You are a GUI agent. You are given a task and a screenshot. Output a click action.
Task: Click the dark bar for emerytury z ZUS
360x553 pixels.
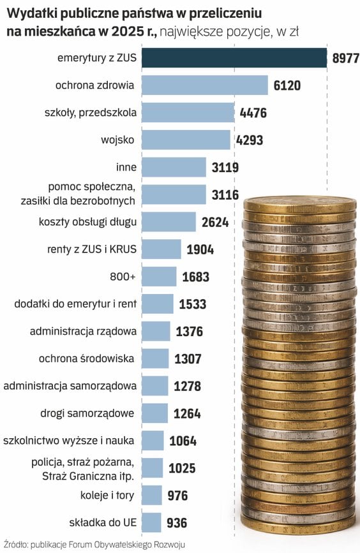[x=234, y=58]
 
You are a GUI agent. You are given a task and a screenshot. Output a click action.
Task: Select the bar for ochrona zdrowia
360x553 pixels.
[x=205, y=85]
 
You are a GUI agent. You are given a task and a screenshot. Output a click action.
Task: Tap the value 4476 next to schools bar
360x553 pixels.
[x=253, y=113]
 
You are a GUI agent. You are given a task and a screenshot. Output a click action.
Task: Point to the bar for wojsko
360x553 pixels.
[x=186, y=140]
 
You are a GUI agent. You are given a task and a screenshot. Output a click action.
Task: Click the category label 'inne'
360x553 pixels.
[x=126, y=167]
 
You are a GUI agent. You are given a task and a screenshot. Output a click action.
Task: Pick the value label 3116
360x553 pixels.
[x=225, y=195]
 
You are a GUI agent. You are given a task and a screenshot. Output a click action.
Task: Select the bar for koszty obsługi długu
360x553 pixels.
[x=169, y=222]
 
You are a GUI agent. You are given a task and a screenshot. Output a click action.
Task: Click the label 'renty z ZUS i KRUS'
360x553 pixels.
[x=92, y=249]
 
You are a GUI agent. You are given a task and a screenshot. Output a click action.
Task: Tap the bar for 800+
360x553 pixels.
[x=159, y=277]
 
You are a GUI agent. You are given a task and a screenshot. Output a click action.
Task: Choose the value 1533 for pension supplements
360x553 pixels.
[x=193, y=304]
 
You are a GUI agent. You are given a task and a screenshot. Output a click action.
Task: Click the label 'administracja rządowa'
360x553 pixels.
[x=83, y=332]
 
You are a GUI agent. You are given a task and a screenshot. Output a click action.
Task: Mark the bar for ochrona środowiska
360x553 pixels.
[x=155, y=358]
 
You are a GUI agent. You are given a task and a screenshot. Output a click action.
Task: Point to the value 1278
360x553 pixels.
[x=188, y=386]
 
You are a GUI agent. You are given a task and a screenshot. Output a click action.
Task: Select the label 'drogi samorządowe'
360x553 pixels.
[x=87, y=413]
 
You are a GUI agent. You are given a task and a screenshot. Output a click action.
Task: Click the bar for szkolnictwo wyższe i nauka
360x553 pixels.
[x=153, y=441]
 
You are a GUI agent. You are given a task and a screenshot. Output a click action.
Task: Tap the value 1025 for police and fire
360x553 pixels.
[x=182, y=468]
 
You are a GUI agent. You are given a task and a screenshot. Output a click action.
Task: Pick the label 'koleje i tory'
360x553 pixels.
[x=107, y=496]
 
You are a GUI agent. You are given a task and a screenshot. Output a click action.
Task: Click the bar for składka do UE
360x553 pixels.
[x=151, y=522]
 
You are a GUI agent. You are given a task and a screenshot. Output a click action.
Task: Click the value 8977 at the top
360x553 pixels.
[x=346, y=58]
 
